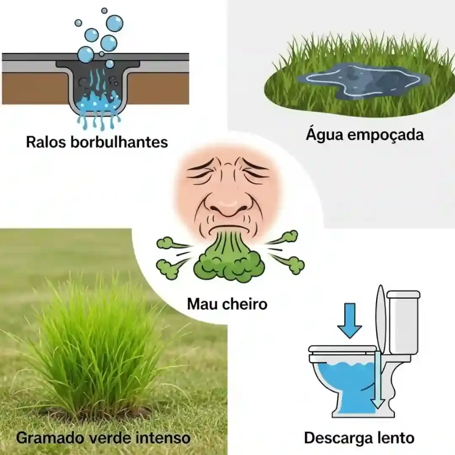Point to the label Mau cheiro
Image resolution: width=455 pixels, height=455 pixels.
pyautogui.click(x=227, y=303)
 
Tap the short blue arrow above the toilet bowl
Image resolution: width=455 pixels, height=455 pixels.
pyautogui.click(x=349, y=320)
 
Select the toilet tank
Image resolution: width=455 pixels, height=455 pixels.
pyautogui.click(x=403, y=322)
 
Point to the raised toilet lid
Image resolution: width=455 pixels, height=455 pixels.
pyautogui.click(x=380, y=318)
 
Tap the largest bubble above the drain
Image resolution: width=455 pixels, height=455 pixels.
pyautogui.click(x=115, y=23)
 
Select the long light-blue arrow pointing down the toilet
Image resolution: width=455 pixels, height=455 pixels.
pyautogui.click(x=377, y=379)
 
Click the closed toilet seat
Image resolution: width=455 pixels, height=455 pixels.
pyautogui.click(x=342, y=349)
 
